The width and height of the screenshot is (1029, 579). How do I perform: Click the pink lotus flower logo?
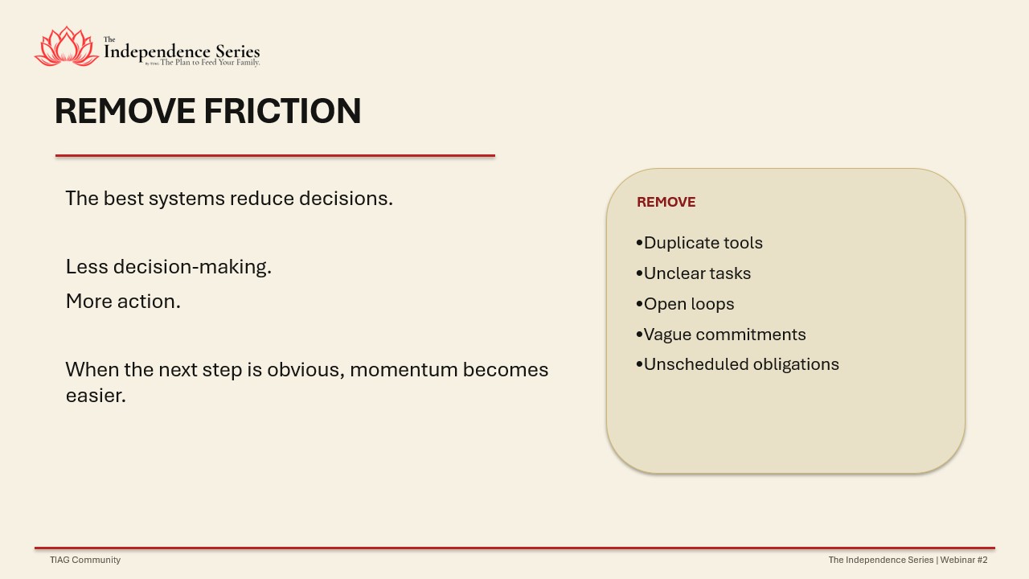(x=67, y=47)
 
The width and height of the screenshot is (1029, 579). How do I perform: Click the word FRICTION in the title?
(x=282, y=111)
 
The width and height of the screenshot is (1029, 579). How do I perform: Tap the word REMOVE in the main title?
(x=125, y=111)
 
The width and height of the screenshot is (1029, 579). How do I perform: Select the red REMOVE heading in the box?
(x=666, y=202)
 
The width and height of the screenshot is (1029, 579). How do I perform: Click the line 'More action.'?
(x=123, y=302)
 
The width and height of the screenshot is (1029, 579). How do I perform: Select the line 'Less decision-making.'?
(x=169, y=267)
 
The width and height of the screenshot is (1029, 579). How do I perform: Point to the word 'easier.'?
(x=96, y=396)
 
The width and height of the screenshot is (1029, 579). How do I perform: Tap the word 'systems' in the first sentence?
(x=187, y=199)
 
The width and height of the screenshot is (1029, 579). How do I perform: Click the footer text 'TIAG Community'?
(x=85, y=560)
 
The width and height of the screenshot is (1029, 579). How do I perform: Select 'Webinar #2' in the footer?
(x=964, y=560)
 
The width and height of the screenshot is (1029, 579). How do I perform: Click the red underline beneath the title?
(x=275, y=156)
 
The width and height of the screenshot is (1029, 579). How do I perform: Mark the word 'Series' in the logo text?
(x=237, y=51)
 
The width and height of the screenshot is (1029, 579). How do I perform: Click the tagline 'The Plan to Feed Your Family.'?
(x=210, y=63)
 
